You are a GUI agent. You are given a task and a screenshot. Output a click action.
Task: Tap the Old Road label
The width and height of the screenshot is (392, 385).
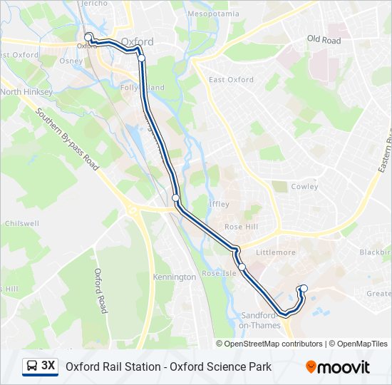click(x=324, y=40)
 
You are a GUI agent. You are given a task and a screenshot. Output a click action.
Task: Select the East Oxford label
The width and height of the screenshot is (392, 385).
click(x=231, y=80)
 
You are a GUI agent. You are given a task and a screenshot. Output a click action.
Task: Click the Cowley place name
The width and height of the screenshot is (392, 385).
click(x=305, y=187)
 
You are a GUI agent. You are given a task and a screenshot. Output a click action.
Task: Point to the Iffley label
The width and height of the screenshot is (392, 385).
click(x=219, y=204)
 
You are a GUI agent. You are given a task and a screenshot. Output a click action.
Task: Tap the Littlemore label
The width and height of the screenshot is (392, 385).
click(x=280, y=252)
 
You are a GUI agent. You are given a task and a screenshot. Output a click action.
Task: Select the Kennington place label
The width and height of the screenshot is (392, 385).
click(x=174, y=277)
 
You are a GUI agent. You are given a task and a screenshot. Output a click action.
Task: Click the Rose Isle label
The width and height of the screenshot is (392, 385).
click(x=219, y=274)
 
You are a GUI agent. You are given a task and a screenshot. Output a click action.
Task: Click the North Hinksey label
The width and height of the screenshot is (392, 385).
click(x=26, y=92)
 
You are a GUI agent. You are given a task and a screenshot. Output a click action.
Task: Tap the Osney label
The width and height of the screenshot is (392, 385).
click(x=71, y=61)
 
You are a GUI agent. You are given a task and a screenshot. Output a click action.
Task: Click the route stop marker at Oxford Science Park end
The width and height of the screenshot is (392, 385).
click(x=304, y=289)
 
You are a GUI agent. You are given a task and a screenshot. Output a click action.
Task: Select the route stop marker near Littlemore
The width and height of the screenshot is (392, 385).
click(x=242, y=267)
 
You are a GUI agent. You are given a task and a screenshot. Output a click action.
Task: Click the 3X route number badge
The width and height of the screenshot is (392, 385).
click(x=48, y=366)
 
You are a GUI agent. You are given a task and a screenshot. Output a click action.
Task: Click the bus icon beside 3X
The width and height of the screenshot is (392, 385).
click(x=32, y=366)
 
